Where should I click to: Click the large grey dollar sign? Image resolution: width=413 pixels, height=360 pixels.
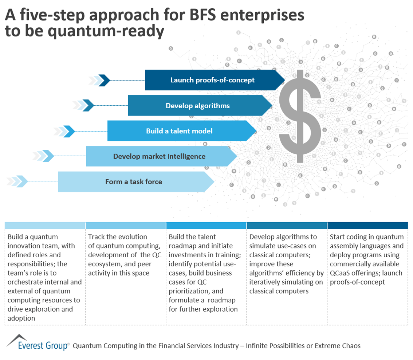pyautogui.click(x=300, y=116)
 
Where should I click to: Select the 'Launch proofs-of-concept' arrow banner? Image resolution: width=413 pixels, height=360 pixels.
pyautogui.click(x=213, y=80)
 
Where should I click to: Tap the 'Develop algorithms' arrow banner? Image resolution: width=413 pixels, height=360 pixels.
pyautogui.click(x=198, y=106)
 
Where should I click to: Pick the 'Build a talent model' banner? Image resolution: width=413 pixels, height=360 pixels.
pyautogui.click(x=179, y=131)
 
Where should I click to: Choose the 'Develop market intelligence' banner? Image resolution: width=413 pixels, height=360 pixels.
pyautogui.click(x=159, y=156)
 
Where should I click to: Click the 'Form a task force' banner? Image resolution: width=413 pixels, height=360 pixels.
pyautogui.click(x=134, y=181)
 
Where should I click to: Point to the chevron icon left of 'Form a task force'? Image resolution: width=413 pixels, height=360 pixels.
pyautogui.click(x=17, y=181)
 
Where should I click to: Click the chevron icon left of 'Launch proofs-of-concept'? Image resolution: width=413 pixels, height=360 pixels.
pyautogui.click(x=99, y=80)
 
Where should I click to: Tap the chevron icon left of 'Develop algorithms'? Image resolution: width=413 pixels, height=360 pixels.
pyautogui.click(x=84, y=106)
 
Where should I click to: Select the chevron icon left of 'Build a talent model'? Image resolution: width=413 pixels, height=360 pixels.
pyautogui.click(x=64, y=131)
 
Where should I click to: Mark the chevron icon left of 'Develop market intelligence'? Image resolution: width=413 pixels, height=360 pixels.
pyautogui.click(x=43, y=156)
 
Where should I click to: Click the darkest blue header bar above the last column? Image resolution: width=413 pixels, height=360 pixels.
pyautogui.click(x=367, y=226)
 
